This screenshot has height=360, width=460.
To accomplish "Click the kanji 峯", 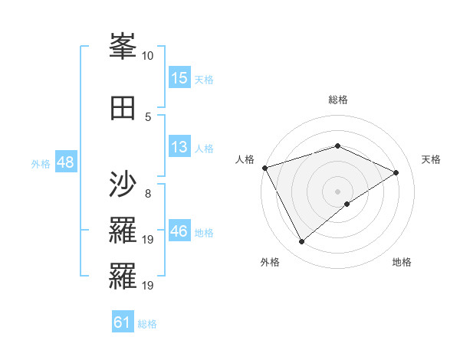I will click(123, 47).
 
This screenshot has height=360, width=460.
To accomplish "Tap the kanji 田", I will click(123, 106).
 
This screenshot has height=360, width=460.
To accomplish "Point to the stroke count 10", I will click(148, 56).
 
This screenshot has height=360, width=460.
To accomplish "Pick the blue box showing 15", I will click(179, 78).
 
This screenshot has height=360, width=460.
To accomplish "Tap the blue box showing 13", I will click(179, 147).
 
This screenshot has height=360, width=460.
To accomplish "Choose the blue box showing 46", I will click(179, 231).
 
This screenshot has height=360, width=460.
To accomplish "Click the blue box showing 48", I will click(65, 163).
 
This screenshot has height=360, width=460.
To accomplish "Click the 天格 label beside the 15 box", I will click(204, 79).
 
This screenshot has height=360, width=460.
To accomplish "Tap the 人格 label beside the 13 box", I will click(204, 148).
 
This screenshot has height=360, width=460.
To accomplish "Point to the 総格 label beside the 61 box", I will click(147, 324).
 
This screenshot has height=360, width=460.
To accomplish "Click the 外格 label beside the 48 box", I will click(41, 164).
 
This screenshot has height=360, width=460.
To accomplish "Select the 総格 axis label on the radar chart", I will click(337, 100).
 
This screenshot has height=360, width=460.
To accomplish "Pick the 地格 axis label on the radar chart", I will click(402, 262).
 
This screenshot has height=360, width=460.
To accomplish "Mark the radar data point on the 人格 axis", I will click(264, 168).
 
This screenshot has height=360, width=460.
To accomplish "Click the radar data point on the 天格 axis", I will click(396, 172).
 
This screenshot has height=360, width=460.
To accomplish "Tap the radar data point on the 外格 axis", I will click(301, 242).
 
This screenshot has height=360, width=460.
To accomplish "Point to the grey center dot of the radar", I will click(337, 191).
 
